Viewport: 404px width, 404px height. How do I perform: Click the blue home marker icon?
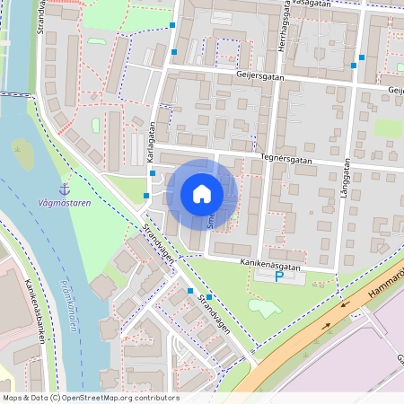click(202, 194)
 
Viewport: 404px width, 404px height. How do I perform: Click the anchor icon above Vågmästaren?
click(64, 189)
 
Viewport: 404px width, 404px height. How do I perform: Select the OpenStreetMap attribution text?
click(91, 398)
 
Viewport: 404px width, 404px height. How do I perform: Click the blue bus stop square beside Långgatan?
click(361, 57)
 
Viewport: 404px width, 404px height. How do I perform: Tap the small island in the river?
click(22, 154)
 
